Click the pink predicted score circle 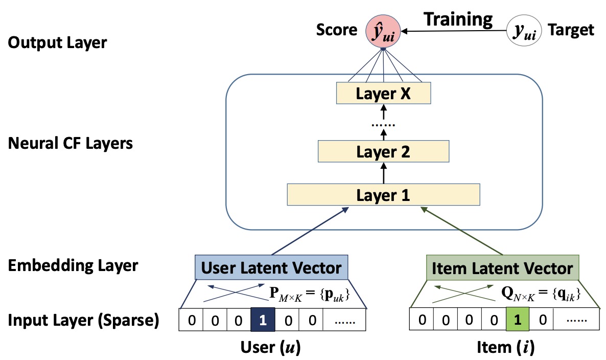point(384,32)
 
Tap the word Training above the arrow point(459,19)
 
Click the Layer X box point(383,94)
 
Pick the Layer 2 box point(383,152)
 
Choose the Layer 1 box point(383,195)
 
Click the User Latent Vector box point(272,267)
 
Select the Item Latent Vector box point(502,268)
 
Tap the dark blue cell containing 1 point(263,321)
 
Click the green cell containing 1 point(518,321)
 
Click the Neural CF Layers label point(71,143)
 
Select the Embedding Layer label point(73,266)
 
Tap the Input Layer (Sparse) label point(83,321)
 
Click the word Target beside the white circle point(571,31)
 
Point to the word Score point(337,31)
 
